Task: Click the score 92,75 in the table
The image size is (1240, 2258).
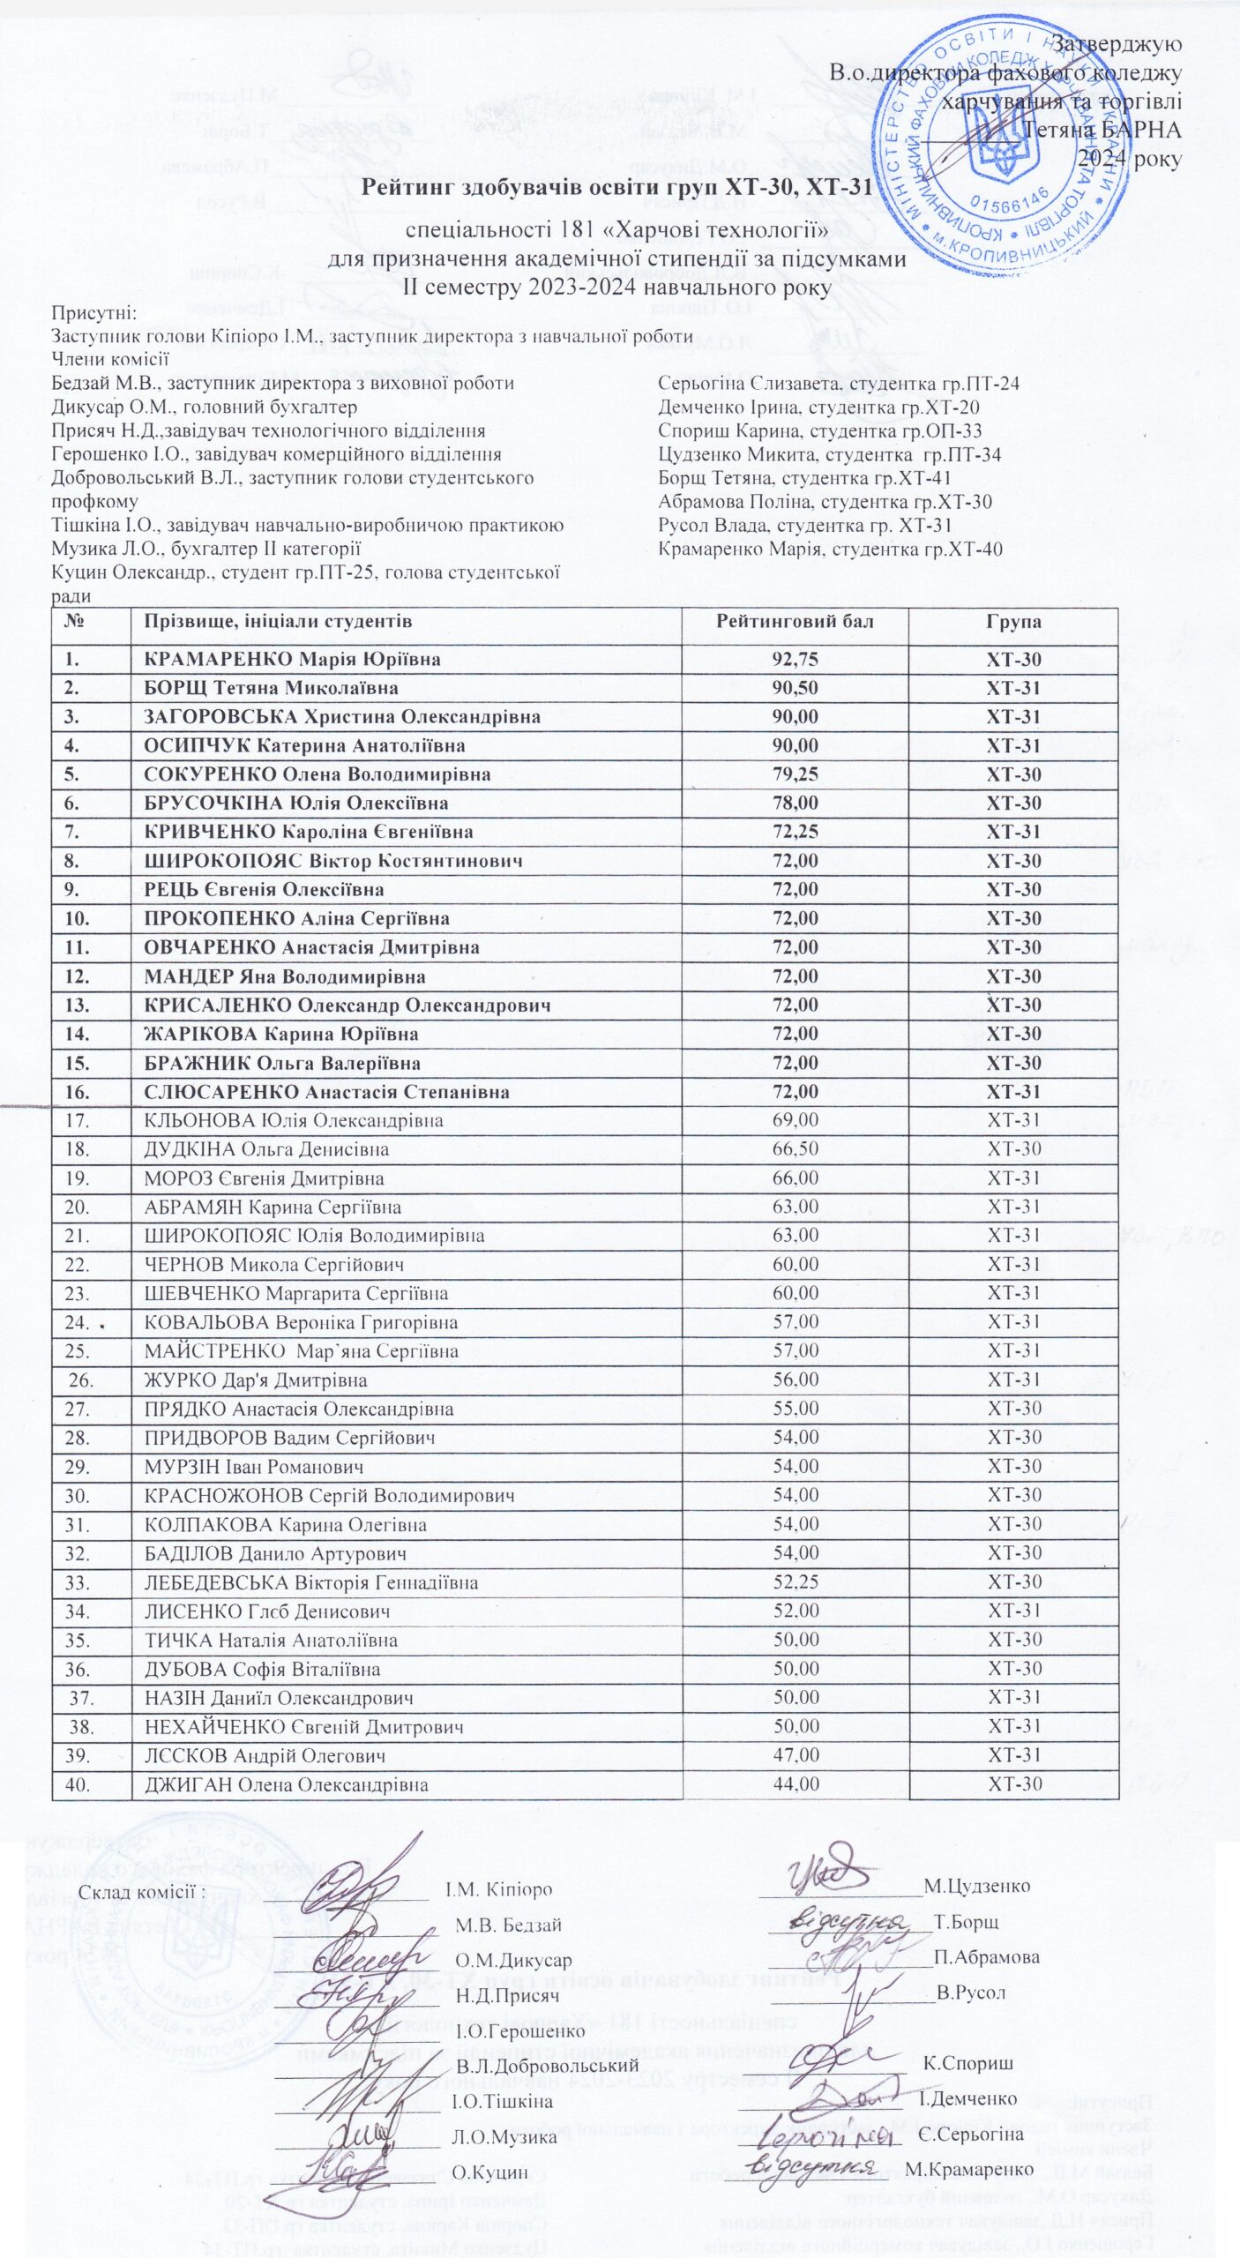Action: point(795,660)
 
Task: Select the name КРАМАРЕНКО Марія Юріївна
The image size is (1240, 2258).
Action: point(292,660)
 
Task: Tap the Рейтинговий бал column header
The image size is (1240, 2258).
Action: point(795,622)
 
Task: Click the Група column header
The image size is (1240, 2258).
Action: point(1013,622)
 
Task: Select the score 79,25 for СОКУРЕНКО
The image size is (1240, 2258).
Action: point(795,775)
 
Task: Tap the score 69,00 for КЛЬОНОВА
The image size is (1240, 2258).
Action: point(795,1120)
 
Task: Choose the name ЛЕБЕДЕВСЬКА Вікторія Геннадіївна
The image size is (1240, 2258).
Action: point(310,1583)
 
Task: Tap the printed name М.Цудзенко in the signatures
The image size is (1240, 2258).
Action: point(976,1886)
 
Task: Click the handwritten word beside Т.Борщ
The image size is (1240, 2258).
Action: point(848,1921)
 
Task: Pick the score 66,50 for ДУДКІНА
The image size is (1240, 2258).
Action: point(795,1149)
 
